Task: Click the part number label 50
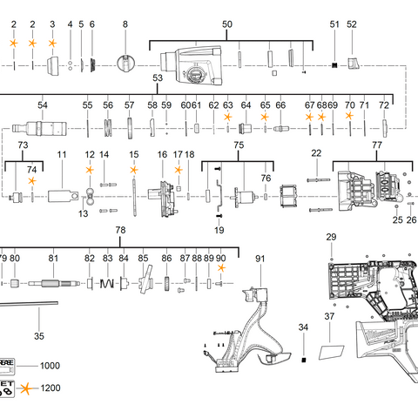227,24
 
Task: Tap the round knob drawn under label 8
125,64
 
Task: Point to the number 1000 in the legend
51,367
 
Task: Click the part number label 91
260,259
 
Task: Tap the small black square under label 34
303,359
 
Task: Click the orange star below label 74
32,181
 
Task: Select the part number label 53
158,78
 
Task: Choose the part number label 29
331,238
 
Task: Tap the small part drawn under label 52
352,63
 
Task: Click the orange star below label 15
134,170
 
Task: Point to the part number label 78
120,229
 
